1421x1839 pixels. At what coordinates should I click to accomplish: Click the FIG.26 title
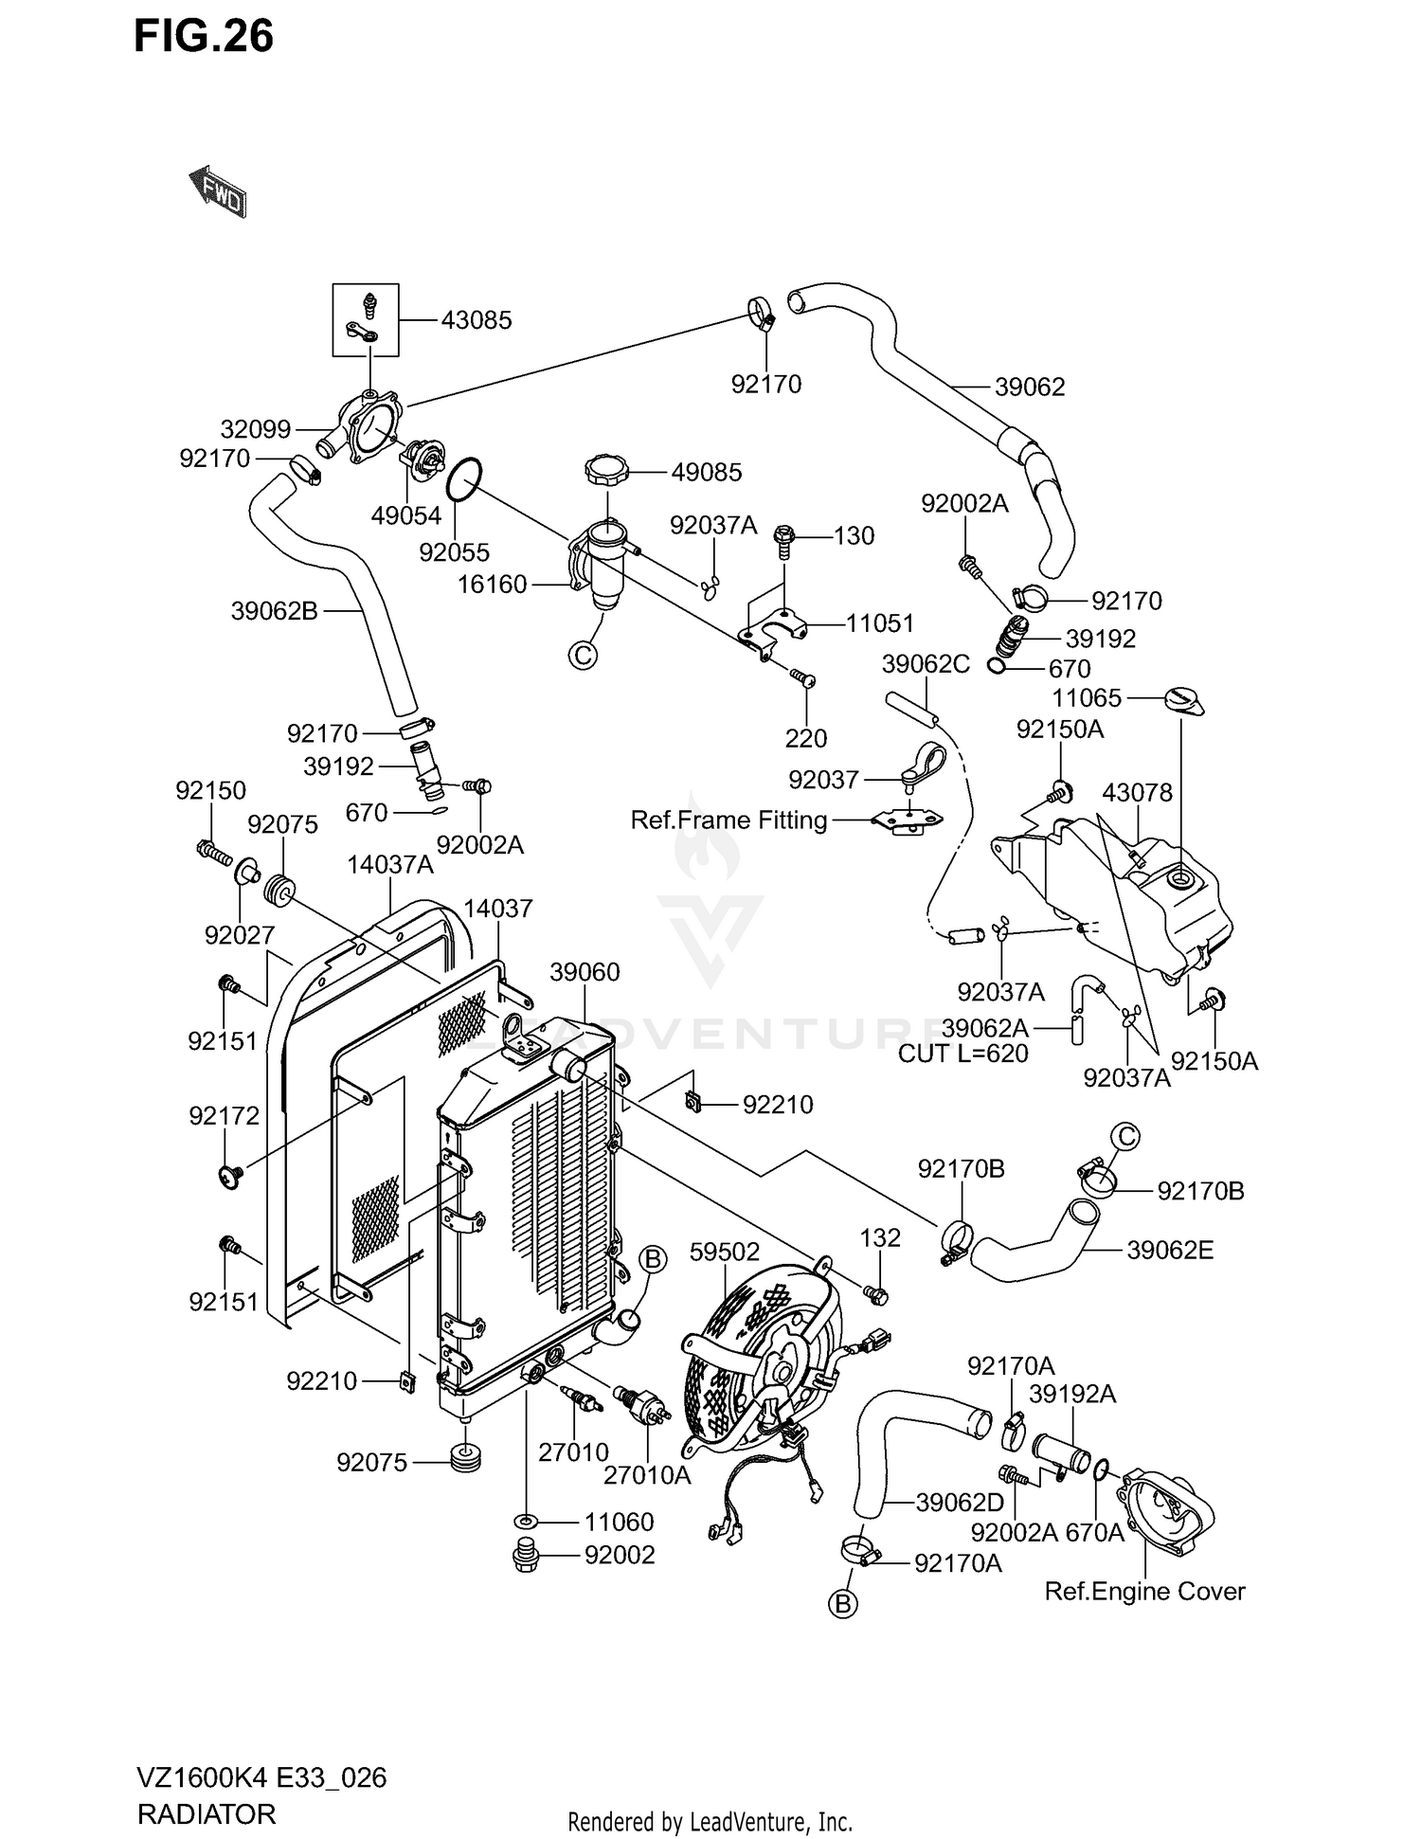(204, 36)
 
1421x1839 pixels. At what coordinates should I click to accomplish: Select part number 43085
(476, 320)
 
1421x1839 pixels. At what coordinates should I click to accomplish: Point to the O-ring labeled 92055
(463, 479)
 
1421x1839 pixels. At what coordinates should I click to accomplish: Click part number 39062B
(274, 611)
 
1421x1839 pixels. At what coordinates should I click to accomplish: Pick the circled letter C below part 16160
(584, 654)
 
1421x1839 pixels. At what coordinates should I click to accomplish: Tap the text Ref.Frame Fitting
(728, 820)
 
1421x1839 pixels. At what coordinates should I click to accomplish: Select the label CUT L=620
(962, 1054)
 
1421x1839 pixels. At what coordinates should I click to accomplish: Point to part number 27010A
(647, 1475)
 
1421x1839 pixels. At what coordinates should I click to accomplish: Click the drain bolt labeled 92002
(524, 1557)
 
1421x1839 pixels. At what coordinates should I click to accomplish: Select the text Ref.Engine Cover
(1144, 1592)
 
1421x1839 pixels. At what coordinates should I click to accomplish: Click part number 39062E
(1169, 1251)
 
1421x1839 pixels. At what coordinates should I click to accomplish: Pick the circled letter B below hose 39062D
(842, 1604)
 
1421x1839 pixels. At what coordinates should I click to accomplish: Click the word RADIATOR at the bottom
(207, 1813)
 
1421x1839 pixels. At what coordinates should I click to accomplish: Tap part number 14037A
(389, 864)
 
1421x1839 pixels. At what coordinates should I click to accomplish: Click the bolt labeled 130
(785, 539)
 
